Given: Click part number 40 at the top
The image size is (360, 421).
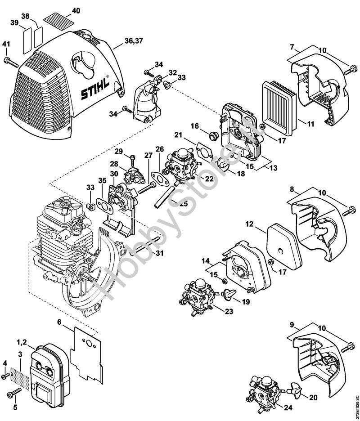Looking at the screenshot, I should coord(76,10).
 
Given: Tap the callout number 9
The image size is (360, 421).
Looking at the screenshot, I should coord(291,323).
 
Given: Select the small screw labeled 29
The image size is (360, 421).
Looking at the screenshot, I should coord(132,157).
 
